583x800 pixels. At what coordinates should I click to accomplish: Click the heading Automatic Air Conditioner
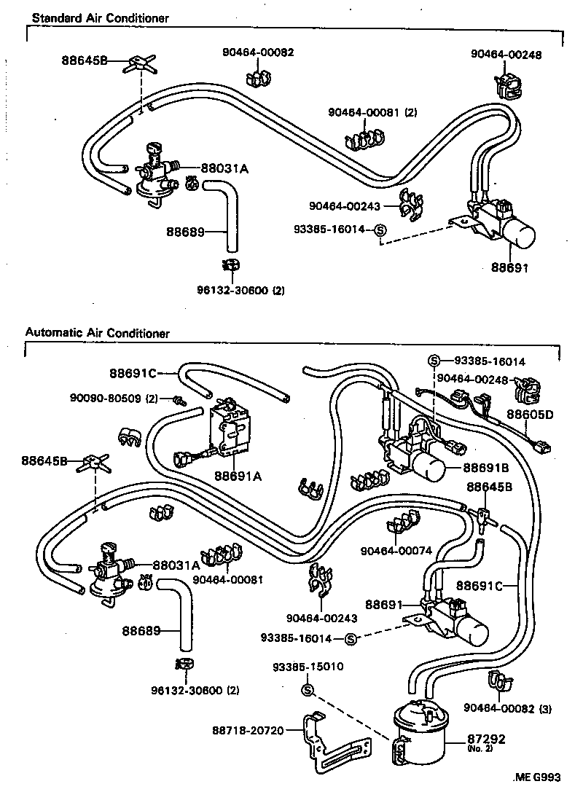[x=97, y=333]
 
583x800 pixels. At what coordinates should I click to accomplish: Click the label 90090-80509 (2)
[x=114, y=398]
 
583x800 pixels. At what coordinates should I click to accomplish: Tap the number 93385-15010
[x=308, y=667]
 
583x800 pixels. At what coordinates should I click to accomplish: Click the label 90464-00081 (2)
[x=372, y=112]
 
